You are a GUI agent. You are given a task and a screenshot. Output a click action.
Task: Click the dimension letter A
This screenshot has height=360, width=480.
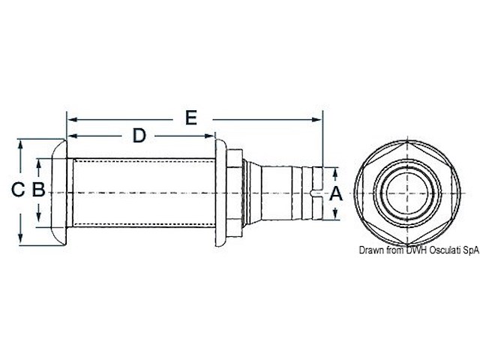coord(336,193)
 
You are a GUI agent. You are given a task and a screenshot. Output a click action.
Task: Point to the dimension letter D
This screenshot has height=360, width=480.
coord(139,135)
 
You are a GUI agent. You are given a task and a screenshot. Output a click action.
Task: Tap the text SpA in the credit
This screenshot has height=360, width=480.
coord(469,250)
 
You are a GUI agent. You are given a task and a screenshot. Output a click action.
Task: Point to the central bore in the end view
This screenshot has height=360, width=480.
coord(408,192)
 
